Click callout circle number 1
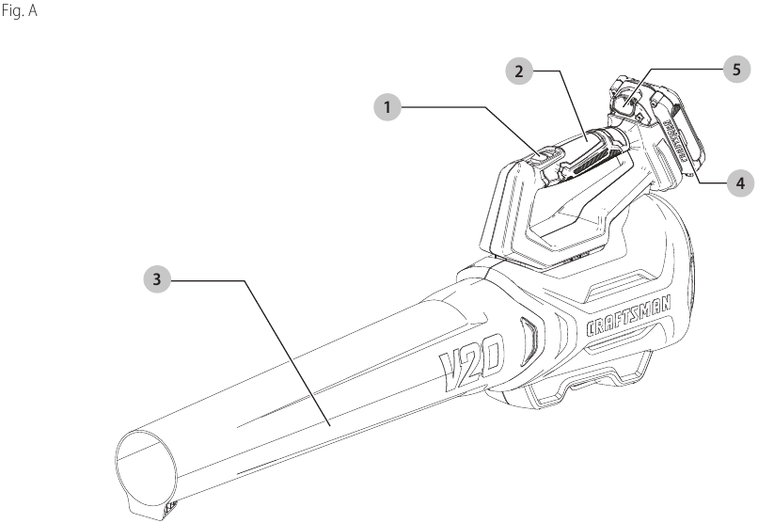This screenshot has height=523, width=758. (385, 107)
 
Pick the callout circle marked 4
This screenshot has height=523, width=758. (739, 183)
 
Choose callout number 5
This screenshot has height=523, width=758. (736, 69)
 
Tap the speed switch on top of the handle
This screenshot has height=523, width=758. (546, 153)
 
